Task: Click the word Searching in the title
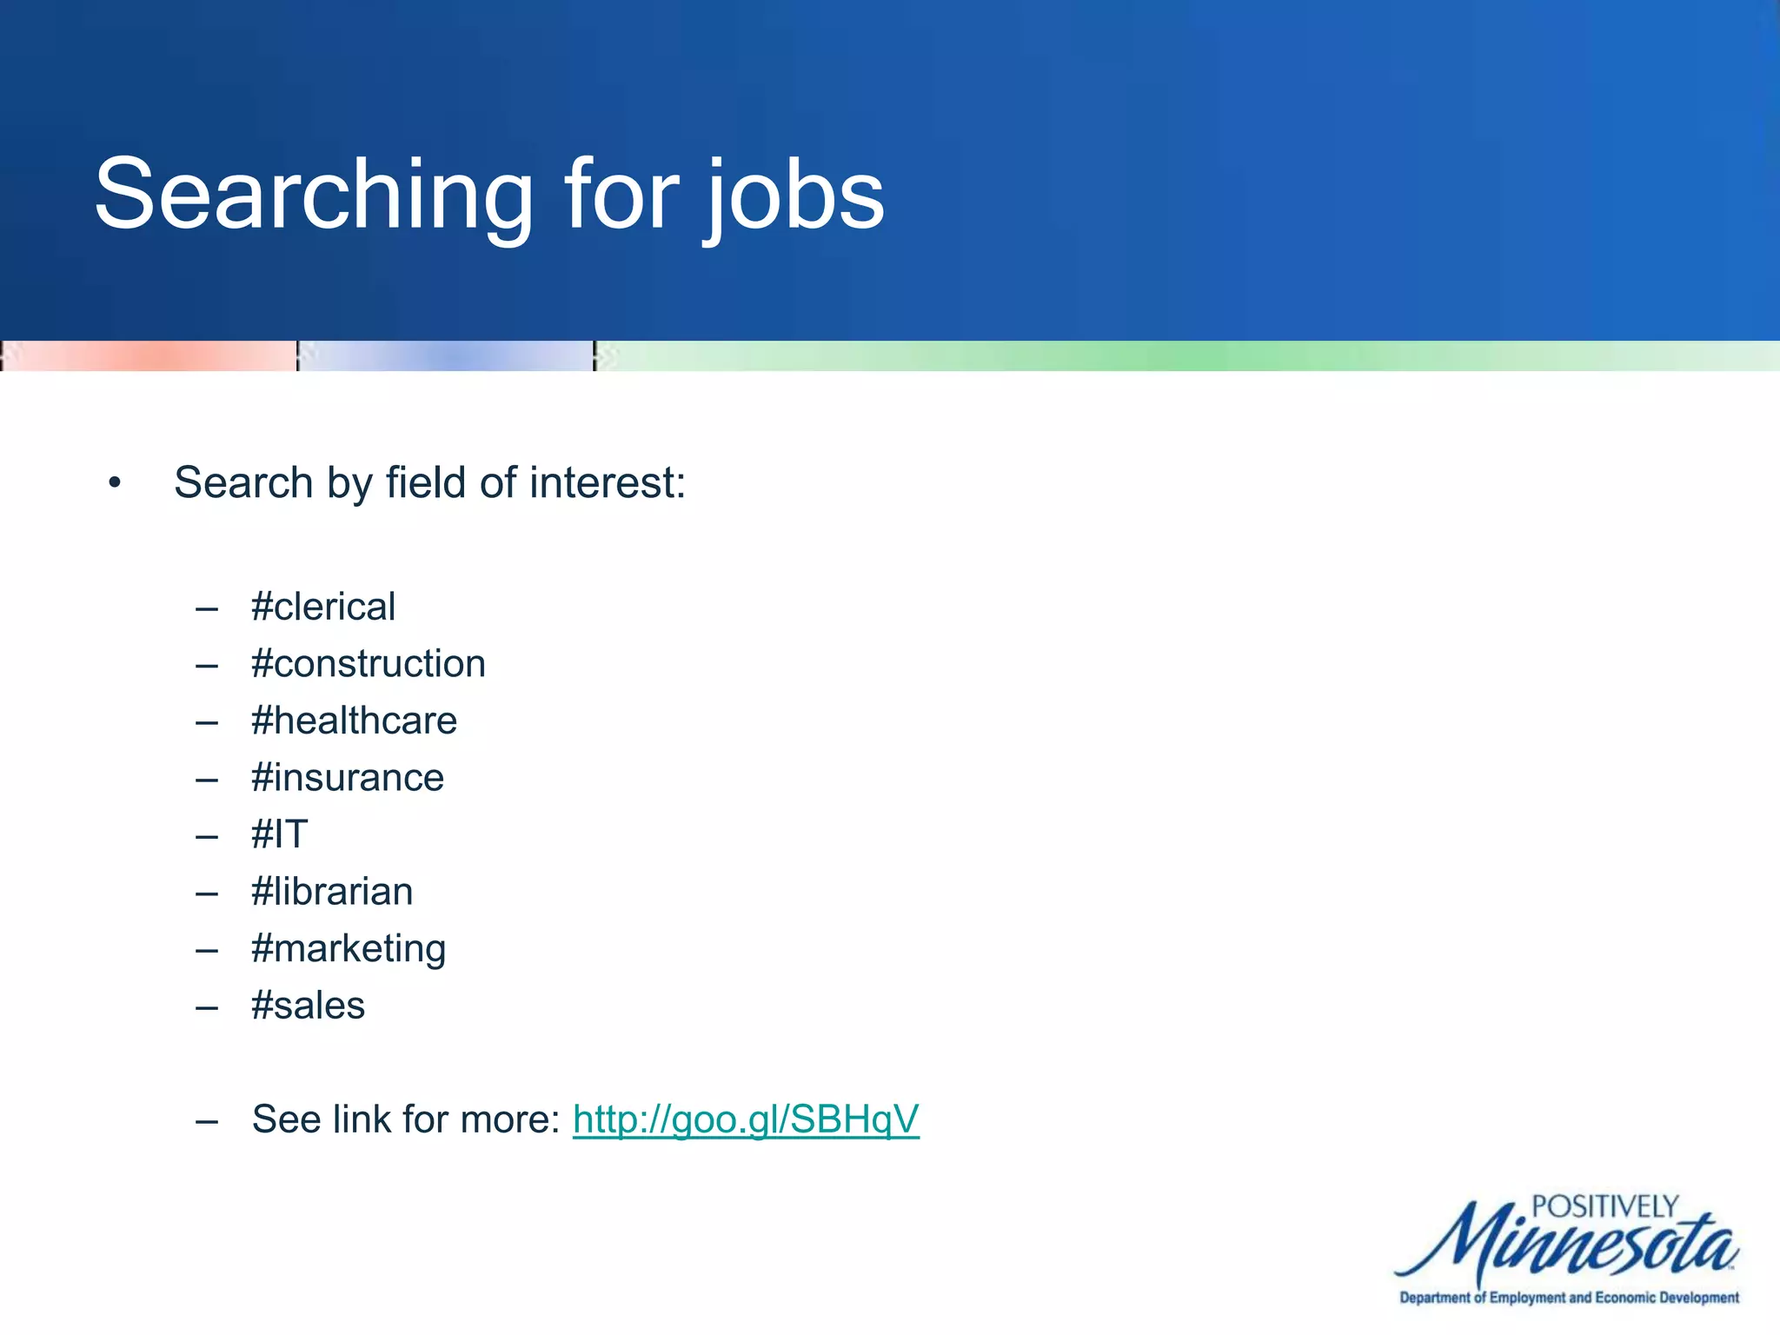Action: point(313,196)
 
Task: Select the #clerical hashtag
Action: point(323,607)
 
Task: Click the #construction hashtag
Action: point(369,664)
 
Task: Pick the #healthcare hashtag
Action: point(354,721)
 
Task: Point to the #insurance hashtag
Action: point(348,778)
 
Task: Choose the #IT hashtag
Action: point(280,834)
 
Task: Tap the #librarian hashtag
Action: point(332,892)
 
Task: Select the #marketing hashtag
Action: point(349,948)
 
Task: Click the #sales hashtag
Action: point(308,1006)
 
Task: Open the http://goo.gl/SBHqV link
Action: point(746,1119)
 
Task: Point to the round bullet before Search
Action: point(115,483)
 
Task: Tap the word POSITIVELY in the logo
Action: point(1604,1207)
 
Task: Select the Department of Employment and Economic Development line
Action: point(1569,1298)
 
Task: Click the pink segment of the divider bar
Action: point(149,356)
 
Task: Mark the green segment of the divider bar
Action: point(1187,356)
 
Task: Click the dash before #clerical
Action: point(207,608)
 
